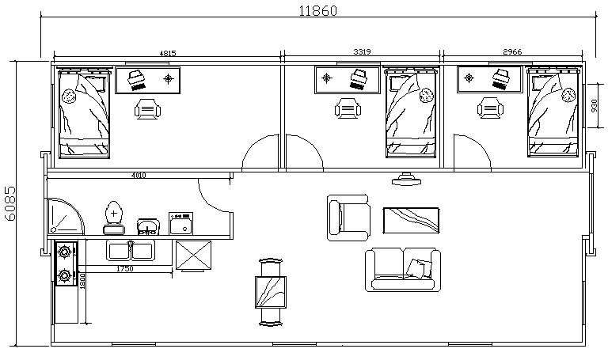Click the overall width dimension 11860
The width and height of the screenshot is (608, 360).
pos(318,10)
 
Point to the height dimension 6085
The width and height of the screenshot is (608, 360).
pos(10,203)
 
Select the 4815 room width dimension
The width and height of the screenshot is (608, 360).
pos(168,53)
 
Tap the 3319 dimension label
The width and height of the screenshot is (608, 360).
pos(362,51)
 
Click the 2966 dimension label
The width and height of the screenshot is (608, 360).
pos(512,51)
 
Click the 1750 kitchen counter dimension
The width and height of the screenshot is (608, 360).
pos(125,268)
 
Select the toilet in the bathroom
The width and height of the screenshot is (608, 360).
pos(114,218)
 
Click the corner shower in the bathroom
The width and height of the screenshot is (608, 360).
pos(65,216)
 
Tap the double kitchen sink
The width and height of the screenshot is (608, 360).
pos(131,250)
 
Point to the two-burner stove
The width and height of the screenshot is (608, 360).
pos(66,263)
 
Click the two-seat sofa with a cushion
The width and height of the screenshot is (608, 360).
pos(403,270)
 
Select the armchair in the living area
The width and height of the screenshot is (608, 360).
pos(348,218)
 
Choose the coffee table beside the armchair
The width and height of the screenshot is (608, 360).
pos(411,221)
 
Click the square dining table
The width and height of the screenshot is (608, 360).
pos(271,292)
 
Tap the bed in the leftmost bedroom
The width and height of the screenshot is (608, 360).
pos(84,113)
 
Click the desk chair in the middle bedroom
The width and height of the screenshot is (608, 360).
pos(348,108)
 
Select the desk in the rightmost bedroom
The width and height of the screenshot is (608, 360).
pos(490,79)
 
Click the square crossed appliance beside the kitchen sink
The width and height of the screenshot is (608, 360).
pos(193,255)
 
